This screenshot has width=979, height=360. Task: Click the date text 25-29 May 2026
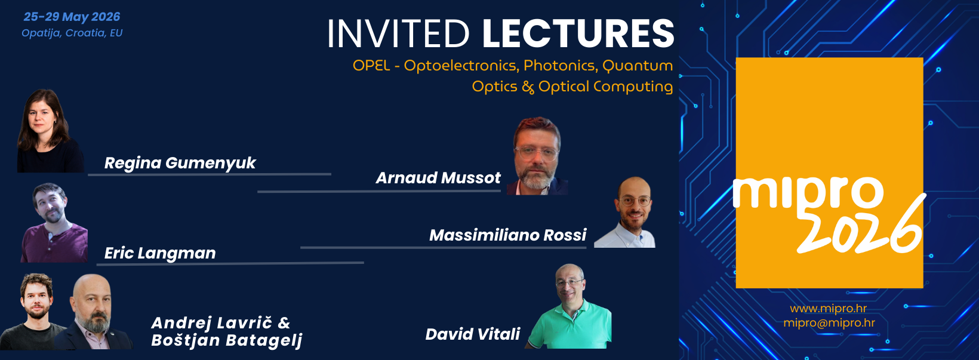(x=72, y=17)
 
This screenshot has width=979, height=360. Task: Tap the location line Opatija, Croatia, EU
(x=72, y=33)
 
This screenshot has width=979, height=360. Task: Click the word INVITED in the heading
(x=398, y=33)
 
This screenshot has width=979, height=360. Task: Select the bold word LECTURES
(x=578, y=33)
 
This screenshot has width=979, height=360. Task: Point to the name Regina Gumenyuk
(x=180, y=163)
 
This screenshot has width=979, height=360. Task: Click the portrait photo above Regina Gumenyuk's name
(x=50, y=131)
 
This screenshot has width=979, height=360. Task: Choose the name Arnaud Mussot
(x=438, y=178)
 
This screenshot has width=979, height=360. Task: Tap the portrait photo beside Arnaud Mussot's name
(x=538, y=156)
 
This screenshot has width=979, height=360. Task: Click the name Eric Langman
(x=160, y=253)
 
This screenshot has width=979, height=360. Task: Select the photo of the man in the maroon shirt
(x=54, y=223)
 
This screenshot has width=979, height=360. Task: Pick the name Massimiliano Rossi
(x=507, y=235)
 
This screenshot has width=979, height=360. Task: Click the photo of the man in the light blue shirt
(x=625, y=213)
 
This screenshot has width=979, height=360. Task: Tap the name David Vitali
(x=472, y=334)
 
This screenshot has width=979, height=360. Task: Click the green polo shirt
(x=572, y=325)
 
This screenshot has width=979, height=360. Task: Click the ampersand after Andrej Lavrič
(x=284, y=323)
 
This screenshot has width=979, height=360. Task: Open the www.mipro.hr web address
(x=828, y=309)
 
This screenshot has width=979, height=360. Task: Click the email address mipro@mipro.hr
(x=829, y=323)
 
